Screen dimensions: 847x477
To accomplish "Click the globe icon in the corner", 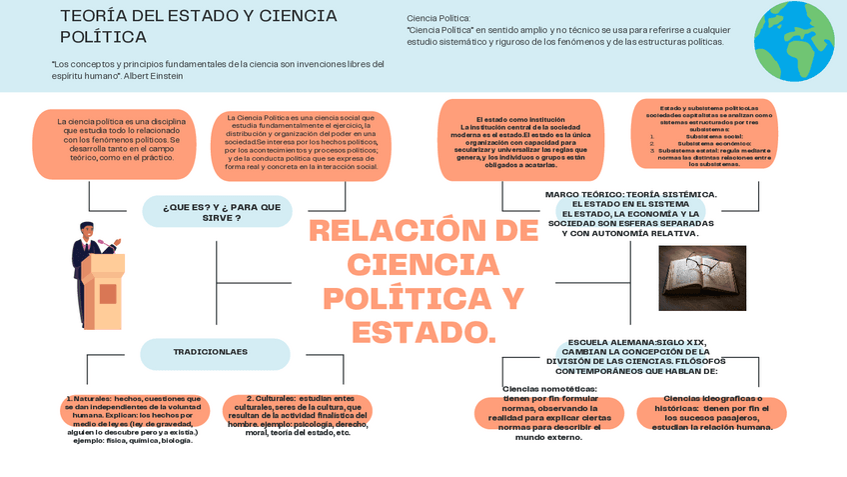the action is click(794, 41).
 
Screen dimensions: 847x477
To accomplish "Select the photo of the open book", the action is click(702, 278).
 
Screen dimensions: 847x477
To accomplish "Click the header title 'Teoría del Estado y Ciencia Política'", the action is click(199, 27).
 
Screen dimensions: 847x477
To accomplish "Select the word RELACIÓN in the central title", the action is click(423, 231).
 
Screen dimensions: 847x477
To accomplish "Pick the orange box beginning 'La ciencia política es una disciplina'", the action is click(121, 140).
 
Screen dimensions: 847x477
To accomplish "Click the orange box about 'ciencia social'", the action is click(301, 142).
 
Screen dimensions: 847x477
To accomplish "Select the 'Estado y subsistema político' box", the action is click(702, 135).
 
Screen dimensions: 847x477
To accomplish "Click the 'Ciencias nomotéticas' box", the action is click(549, 413).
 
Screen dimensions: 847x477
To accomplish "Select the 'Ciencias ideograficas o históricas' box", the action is click(711, 413).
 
